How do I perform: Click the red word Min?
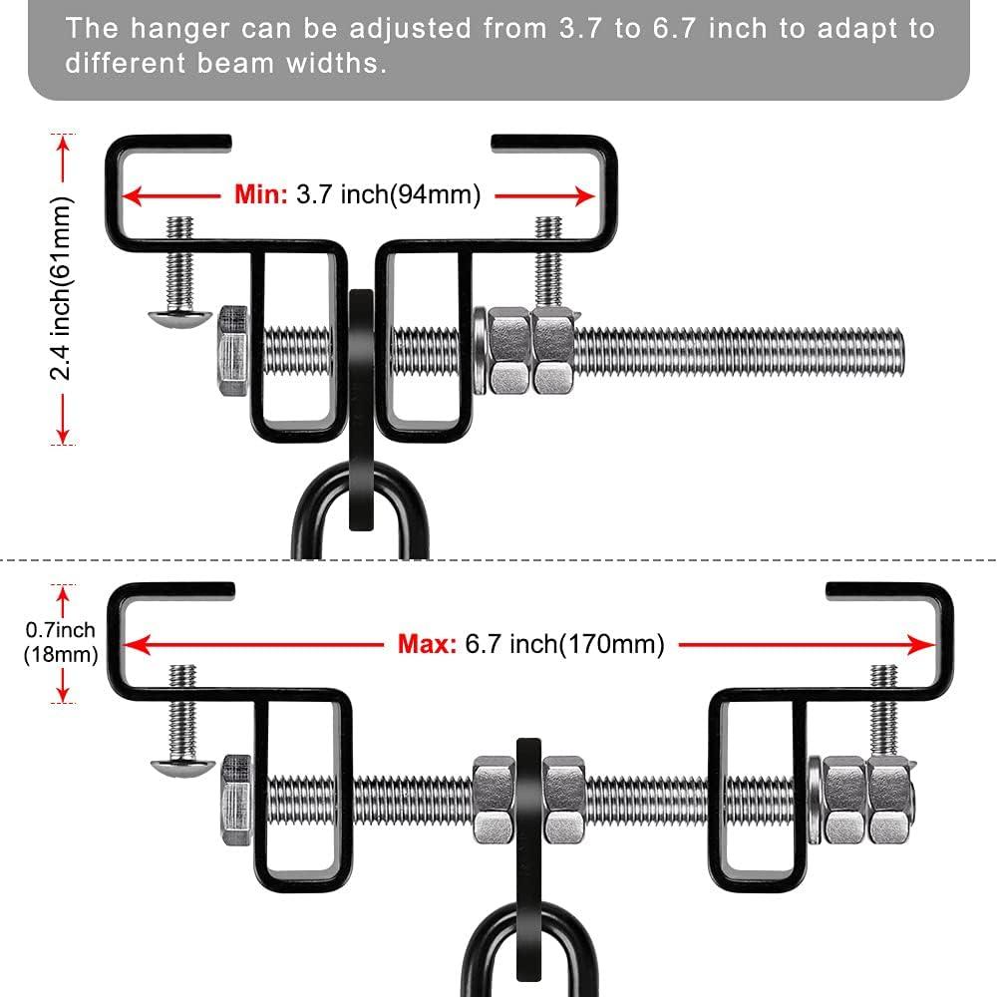[261, 194]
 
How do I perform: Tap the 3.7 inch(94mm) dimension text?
[388, 194]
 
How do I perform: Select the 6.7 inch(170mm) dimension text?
[564, 644]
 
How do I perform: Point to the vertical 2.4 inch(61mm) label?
[63, 289]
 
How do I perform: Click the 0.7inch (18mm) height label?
[61, 642]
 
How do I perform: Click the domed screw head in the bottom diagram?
[181, 768]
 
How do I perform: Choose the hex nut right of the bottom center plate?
[563, 798]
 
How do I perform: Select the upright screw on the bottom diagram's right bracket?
[883, 708]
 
